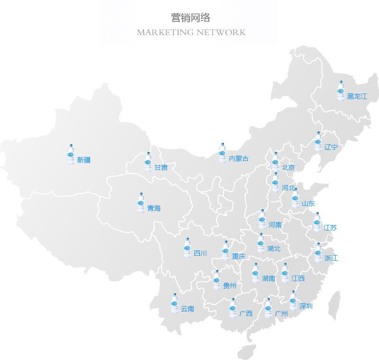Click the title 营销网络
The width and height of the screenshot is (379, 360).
(x=190, y=18)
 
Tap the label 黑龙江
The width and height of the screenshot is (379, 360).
(x=357, y=97)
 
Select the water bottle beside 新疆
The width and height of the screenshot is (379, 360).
(x=71, y=155)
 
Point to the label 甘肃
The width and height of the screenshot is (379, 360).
(x=161, y=167)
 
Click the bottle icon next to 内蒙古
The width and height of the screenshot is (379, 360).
(x=222, y=153)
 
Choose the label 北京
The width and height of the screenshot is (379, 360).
(x=288, y=167)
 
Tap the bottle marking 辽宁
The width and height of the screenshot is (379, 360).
(x=318, y=142)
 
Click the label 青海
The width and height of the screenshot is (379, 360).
(x=153, y=208)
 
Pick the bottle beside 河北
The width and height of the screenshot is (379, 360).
(x=275, y=183)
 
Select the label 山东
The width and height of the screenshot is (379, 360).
(x=308, y=204)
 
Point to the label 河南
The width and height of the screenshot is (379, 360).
(x=275, y=225)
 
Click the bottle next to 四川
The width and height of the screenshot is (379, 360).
(x=187, y=248)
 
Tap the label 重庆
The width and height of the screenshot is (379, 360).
(x=239, y=257)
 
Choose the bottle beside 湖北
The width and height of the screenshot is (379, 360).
(x=260, y=243)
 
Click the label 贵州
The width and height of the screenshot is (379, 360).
(x=229, y=286)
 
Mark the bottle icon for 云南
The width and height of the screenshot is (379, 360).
(x=174, y=304)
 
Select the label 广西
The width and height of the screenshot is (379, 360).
(x=245, y=314)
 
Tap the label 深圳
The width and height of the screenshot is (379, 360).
(x=306, y=306)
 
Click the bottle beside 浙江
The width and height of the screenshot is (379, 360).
(x=318, y=253)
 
